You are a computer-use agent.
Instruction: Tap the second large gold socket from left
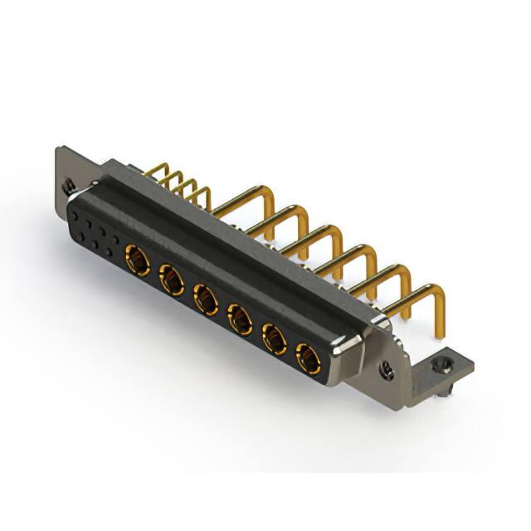(x=172, y=279)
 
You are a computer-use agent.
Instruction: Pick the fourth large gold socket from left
(x=241, y=318)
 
